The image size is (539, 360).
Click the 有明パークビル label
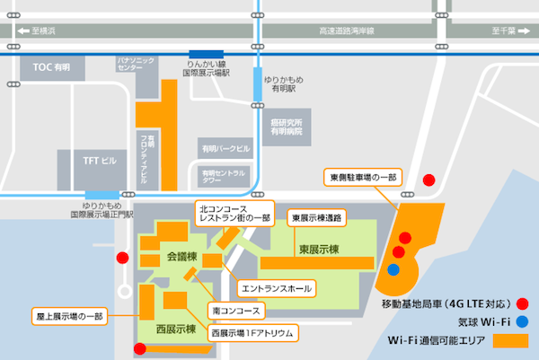pos(225,148)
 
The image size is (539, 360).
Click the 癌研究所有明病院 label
pos(287,126)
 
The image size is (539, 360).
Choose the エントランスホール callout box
pos(276,288)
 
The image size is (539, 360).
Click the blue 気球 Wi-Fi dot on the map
pos(393,268)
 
